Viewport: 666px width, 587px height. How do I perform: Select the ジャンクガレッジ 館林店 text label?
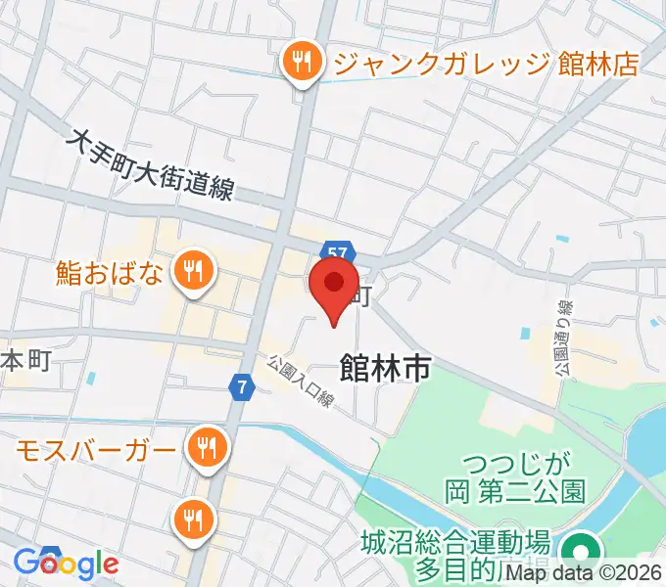point(486,65)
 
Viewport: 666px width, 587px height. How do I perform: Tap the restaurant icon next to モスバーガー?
point(208,448)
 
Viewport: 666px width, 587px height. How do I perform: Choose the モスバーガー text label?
point(97,450)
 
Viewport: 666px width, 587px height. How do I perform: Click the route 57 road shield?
point(337,253)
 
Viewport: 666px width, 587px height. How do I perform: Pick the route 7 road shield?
point(241,387)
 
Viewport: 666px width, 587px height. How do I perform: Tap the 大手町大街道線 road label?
point(151,165)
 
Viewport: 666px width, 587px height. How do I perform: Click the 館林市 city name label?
point(385,369)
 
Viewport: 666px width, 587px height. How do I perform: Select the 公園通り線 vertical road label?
point(563,338)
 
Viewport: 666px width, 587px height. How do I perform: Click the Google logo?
point(66,563)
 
